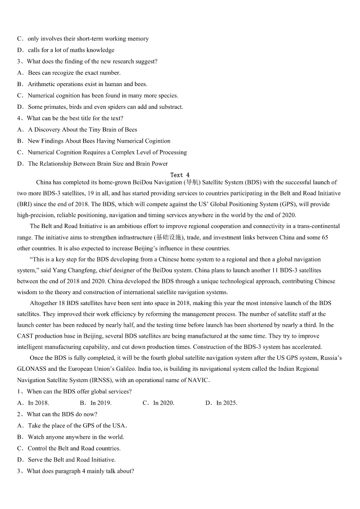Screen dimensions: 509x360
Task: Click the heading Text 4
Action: point(180,175)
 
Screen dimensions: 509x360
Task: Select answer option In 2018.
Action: point(39,403)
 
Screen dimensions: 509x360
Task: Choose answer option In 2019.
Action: point(101,403)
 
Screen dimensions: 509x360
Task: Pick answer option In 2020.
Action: point(163,403)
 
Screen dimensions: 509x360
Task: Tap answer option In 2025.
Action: point(226,403)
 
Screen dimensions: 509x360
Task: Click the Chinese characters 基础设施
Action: point(169,238)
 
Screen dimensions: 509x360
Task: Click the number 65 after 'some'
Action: point(325,238)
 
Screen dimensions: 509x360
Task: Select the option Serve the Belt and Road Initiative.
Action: point(72,460)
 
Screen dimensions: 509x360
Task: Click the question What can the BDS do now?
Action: point(62,414)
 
